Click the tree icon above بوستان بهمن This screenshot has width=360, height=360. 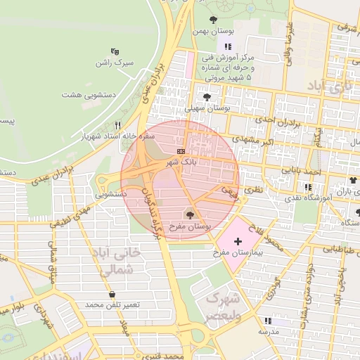214,20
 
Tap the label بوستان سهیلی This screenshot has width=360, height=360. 207,109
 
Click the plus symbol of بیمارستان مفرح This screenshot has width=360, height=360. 238,241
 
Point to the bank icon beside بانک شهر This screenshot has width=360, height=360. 181,151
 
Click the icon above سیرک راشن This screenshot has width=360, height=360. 115,51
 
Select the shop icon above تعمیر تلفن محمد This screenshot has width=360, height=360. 112,294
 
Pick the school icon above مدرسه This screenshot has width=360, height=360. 268,319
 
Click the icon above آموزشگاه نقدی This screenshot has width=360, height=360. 308,187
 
